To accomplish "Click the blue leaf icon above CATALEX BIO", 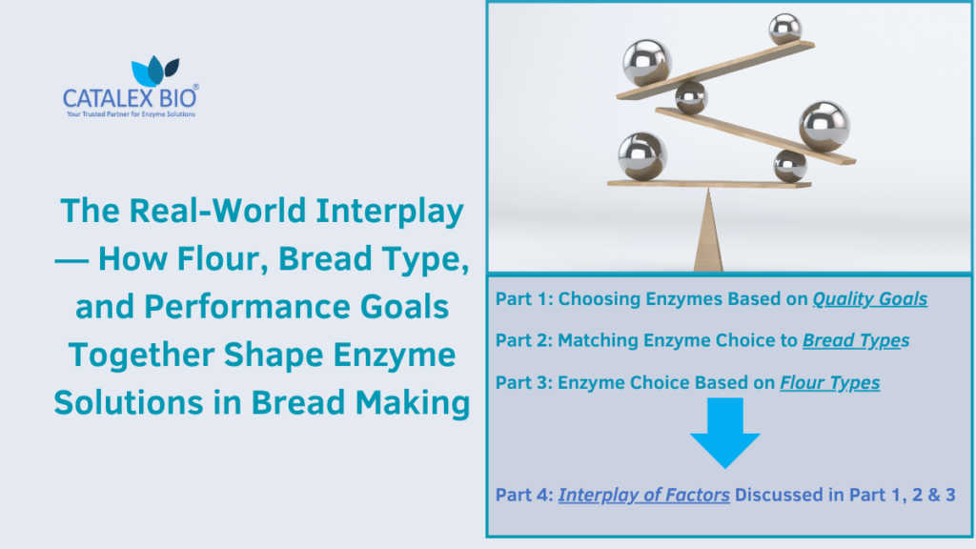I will tap(152, 71).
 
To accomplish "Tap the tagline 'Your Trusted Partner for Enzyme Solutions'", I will tap(130, 114).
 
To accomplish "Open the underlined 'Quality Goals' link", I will tap(869, 299).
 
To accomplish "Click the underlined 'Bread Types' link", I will tap(855, 340).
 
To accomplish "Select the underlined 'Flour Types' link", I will tap(829, 383).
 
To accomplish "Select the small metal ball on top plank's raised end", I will tap(785, 28).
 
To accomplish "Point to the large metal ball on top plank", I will tap(648, 62).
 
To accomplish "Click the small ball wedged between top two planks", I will tap(691, 97).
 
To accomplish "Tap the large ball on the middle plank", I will tap(823, 126).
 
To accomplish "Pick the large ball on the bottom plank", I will tap(641, 155).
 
